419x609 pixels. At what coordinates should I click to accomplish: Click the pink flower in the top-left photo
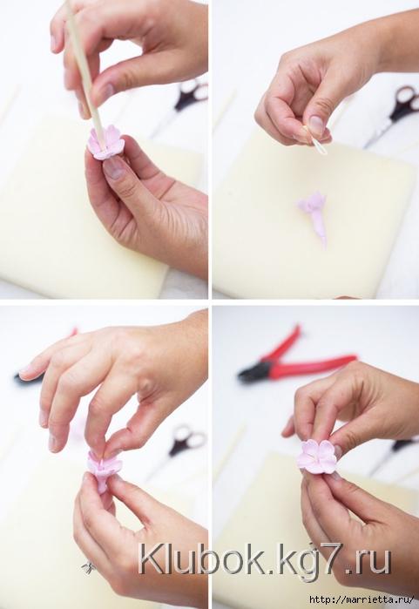click(105, 143)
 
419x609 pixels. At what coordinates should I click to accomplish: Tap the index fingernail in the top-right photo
click(315, 125)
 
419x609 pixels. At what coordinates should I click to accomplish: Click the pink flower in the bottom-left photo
click(104, 470)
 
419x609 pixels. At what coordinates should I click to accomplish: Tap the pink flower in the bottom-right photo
click(317, 457)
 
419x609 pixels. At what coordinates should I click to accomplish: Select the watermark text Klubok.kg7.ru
click(264, 560)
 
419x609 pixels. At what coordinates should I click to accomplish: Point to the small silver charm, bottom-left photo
click(89, 567)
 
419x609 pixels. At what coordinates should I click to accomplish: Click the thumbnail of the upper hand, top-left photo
click(104, 92)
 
